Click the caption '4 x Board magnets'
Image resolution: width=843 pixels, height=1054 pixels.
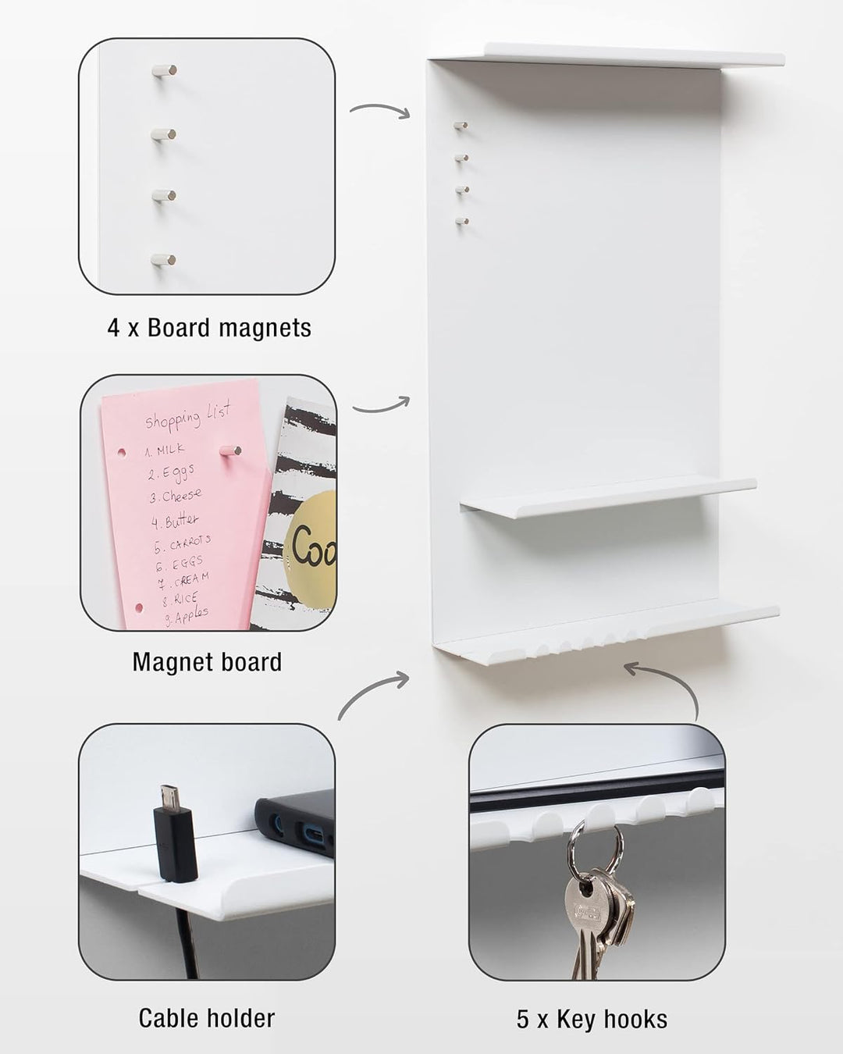click(209, 328)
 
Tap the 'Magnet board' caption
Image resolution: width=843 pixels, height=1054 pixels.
click(207, 662)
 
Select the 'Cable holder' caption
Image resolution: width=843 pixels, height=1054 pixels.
click(207, 1018)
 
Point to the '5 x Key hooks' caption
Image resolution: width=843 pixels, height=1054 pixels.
click(592, 1019)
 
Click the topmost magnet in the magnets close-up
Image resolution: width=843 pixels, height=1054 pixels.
click(164, 71)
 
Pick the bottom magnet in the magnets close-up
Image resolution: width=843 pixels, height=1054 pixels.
click(164, 259)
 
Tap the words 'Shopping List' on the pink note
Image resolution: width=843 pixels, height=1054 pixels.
click(187, 419)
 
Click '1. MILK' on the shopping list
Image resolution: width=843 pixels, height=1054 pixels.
click(165, 450)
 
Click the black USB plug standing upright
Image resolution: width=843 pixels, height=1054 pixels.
click(174, 835)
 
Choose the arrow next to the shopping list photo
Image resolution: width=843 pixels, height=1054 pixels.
click(381, 405)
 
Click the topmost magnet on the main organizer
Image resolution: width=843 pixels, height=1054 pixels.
click(461, 125)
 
